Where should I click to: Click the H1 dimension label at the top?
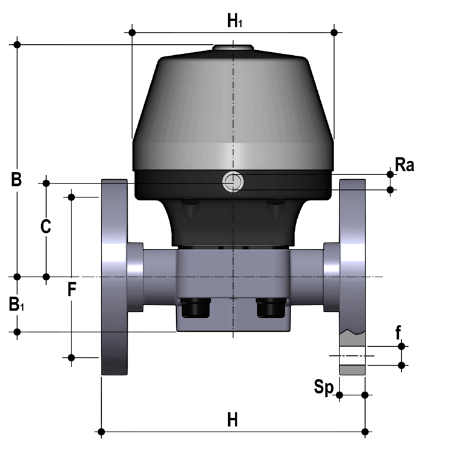pyautogui.click(x=234, y=21)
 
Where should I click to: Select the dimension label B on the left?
pyautogui.click(x=16, y=179)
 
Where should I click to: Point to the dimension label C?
pyautogui.click(x=46, y=226)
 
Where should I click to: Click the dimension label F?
pyautogui.click(x=72, y=289)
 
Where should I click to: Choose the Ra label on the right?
pyautogui.click(x=404, y=165)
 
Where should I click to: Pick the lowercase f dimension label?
pyautogui.click(x=398, y=332)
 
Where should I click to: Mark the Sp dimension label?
pyautogui.click(x=324, y=387)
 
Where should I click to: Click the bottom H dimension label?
pyautogui.click(x=232, y=419)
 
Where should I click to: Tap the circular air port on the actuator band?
pyautogui.click(x=233, y=182)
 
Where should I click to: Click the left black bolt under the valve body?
pyautogui.click(x=195, y=308)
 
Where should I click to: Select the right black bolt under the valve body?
pyautogui.click(x=271, y=308)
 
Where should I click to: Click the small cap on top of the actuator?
pyautogui.click(x=234, y=47)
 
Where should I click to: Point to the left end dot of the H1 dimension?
pyautogui.click(x=132, y=33)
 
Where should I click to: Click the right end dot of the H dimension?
pyautogui.click(x=365, y=432)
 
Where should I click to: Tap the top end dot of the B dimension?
pyautogui.click(x=17, y=45)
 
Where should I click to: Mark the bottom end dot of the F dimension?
pyautogui.click(x=71, y=358)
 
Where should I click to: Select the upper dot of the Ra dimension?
pyautogui.click(x=390, y=174)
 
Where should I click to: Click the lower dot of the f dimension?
pyautogui.click(x=401, y=366)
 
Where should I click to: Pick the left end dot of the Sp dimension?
pyautogui.click(x=340, y=395)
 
